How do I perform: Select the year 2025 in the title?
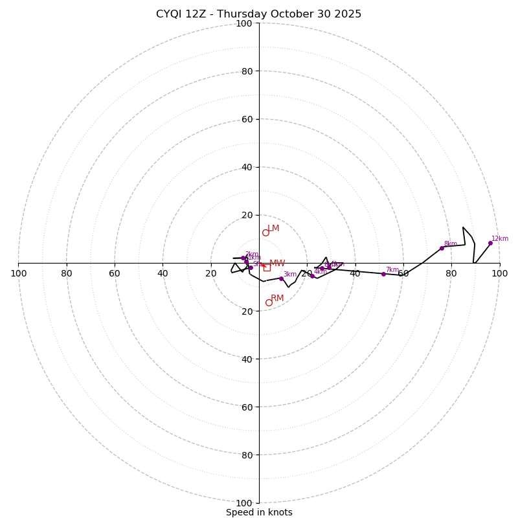click(x=348, y=14)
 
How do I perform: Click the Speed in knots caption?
click(x=259, y=512)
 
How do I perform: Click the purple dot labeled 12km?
click(x=490, y=243)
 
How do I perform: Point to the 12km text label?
click(x=500, y=238)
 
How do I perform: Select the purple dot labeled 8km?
click(x=442, y=248)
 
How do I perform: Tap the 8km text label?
click(x=451, y=244)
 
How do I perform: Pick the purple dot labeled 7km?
click(x=383, y=274)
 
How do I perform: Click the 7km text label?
click(x=392, y=270)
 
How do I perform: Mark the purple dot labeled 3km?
click(x=281, y=278)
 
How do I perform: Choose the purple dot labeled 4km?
click(x=312, y=276)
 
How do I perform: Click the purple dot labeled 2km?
click(x=243, y=258)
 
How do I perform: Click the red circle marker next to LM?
click(x=265, y=232)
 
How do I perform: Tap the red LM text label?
click(x=273, y=229)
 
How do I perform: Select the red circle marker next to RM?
click(x=269, y=302)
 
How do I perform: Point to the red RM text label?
click(x=277, y=298)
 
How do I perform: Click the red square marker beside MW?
click(x=267, y=267)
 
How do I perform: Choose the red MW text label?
click(x=277, y=264)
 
